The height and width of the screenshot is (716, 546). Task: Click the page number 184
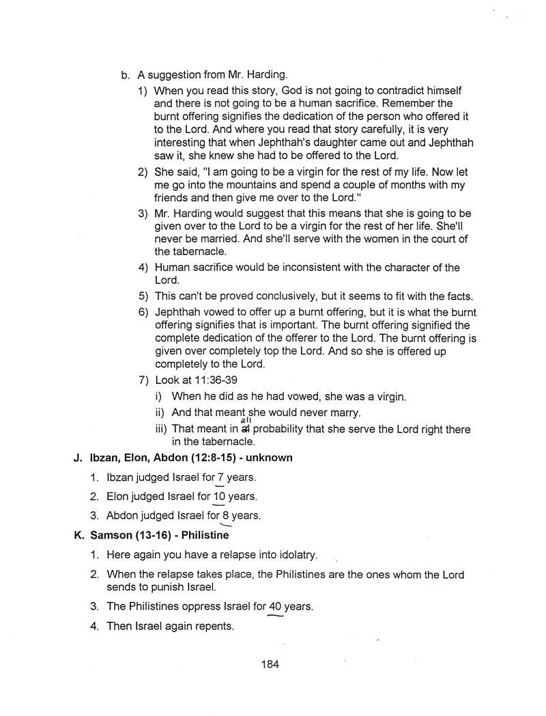[270, 664]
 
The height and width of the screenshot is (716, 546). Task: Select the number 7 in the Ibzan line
[220, 478]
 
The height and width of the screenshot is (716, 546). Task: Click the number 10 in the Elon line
[218, 496]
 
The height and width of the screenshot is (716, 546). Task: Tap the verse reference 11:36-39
[214, 381]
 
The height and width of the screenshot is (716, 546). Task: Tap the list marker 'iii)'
[162, 429]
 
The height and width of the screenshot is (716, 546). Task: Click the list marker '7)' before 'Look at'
[143, 381]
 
